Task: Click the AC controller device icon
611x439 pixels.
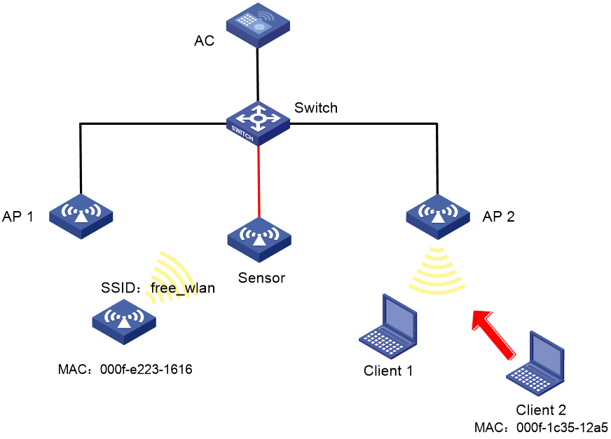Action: [258, 25]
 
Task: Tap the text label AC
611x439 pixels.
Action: [204, 41]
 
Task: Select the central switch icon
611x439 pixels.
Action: [258, 123]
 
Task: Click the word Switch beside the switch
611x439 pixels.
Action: [315, 107]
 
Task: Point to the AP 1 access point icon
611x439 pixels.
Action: [81, 216]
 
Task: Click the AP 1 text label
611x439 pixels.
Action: [18, 217]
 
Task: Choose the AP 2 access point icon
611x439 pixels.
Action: [438, 217]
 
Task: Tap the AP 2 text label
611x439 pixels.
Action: [498, 217]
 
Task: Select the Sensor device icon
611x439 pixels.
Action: [259, 239]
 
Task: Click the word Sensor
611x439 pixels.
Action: [261, 278]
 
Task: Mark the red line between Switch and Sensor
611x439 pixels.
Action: [259, 182]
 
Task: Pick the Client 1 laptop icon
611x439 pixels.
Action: [388, 327]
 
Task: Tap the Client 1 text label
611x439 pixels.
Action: [387, 370]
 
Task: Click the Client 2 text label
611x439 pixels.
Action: [540, 410]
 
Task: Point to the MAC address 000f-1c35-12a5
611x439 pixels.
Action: [562, 427]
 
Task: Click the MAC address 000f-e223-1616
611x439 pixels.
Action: [146, 369]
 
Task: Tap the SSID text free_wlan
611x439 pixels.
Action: [183, 288]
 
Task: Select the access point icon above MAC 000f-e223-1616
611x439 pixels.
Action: [124, 322]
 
